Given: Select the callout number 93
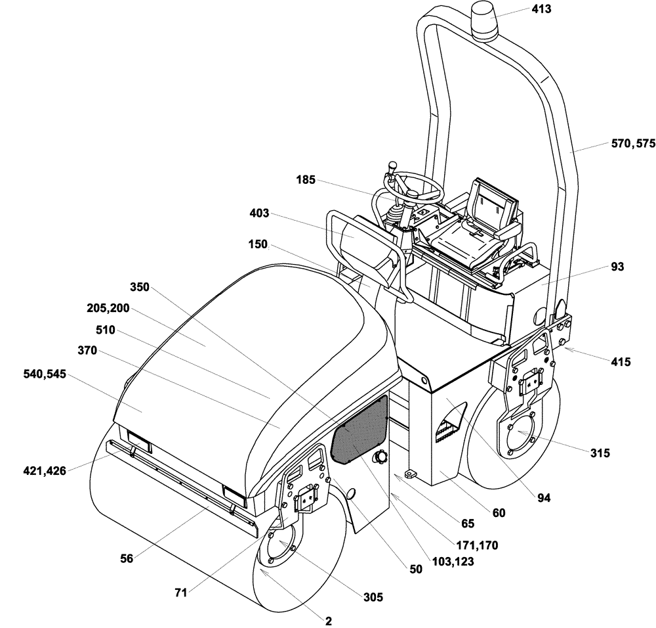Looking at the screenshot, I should (x=617, y=267).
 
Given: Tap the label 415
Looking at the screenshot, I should (x=620, y=361).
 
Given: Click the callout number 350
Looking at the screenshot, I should (x=140, y=286).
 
